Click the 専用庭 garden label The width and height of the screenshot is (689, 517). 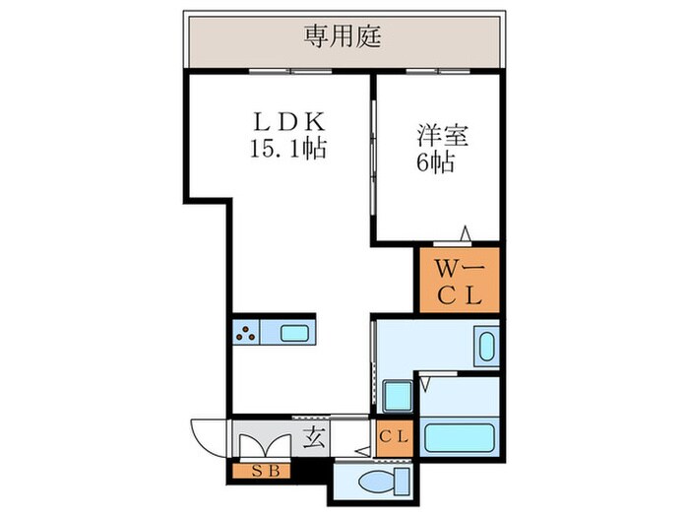[x=343, y=38]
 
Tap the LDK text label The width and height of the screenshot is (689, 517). [x=288, y=125]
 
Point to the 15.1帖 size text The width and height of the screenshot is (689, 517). [x=288, y=151]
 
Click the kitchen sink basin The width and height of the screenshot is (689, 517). [x=295, y=333]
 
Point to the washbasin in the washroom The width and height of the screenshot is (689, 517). [x=486, y=348]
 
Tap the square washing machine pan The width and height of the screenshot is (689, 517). [x=399, y=398]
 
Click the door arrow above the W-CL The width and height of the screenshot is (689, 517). [x=466, y=235]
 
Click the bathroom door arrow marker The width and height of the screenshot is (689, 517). [x=427, y=376]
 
